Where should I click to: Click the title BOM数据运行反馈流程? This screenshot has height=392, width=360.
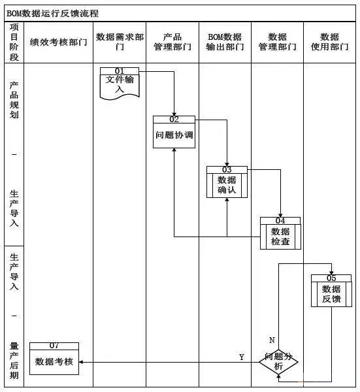pos(52,13)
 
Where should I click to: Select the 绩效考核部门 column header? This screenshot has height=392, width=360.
pos(59,42)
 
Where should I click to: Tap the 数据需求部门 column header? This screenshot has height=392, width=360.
pos(120,42)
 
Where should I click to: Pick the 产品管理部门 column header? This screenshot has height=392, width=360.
pos(172,42)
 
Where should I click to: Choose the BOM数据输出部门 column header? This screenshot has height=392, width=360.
pos(225,42)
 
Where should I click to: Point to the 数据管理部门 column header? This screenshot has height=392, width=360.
pos(277,42)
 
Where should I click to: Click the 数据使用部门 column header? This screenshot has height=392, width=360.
pos(329,42)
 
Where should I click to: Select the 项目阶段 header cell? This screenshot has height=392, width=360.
pos(14,42)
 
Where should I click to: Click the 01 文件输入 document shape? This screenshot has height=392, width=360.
pos(120,84)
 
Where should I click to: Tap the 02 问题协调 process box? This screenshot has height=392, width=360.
pos(174,132)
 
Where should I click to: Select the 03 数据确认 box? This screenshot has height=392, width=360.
pos(227,182)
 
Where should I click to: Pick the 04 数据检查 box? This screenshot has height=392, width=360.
pos(280,233)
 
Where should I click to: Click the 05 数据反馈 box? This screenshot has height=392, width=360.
pos(331,291)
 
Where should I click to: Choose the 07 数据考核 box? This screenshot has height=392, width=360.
pos(54,359)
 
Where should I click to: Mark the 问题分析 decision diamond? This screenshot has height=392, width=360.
pos(278,362)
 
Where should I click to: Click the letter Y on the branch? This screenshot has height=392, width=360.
pos(242,357)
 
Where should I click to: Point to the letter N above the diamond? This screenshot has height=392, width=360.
pos(272,340)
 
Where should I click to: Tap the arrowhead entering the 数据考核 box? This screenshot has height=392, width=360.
pos(81,362)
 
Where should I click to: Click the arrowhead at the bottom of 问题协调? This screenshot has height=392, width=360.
pos(174,150)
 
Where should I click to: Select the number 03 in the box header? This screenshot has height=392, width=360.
pos(227,169)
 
